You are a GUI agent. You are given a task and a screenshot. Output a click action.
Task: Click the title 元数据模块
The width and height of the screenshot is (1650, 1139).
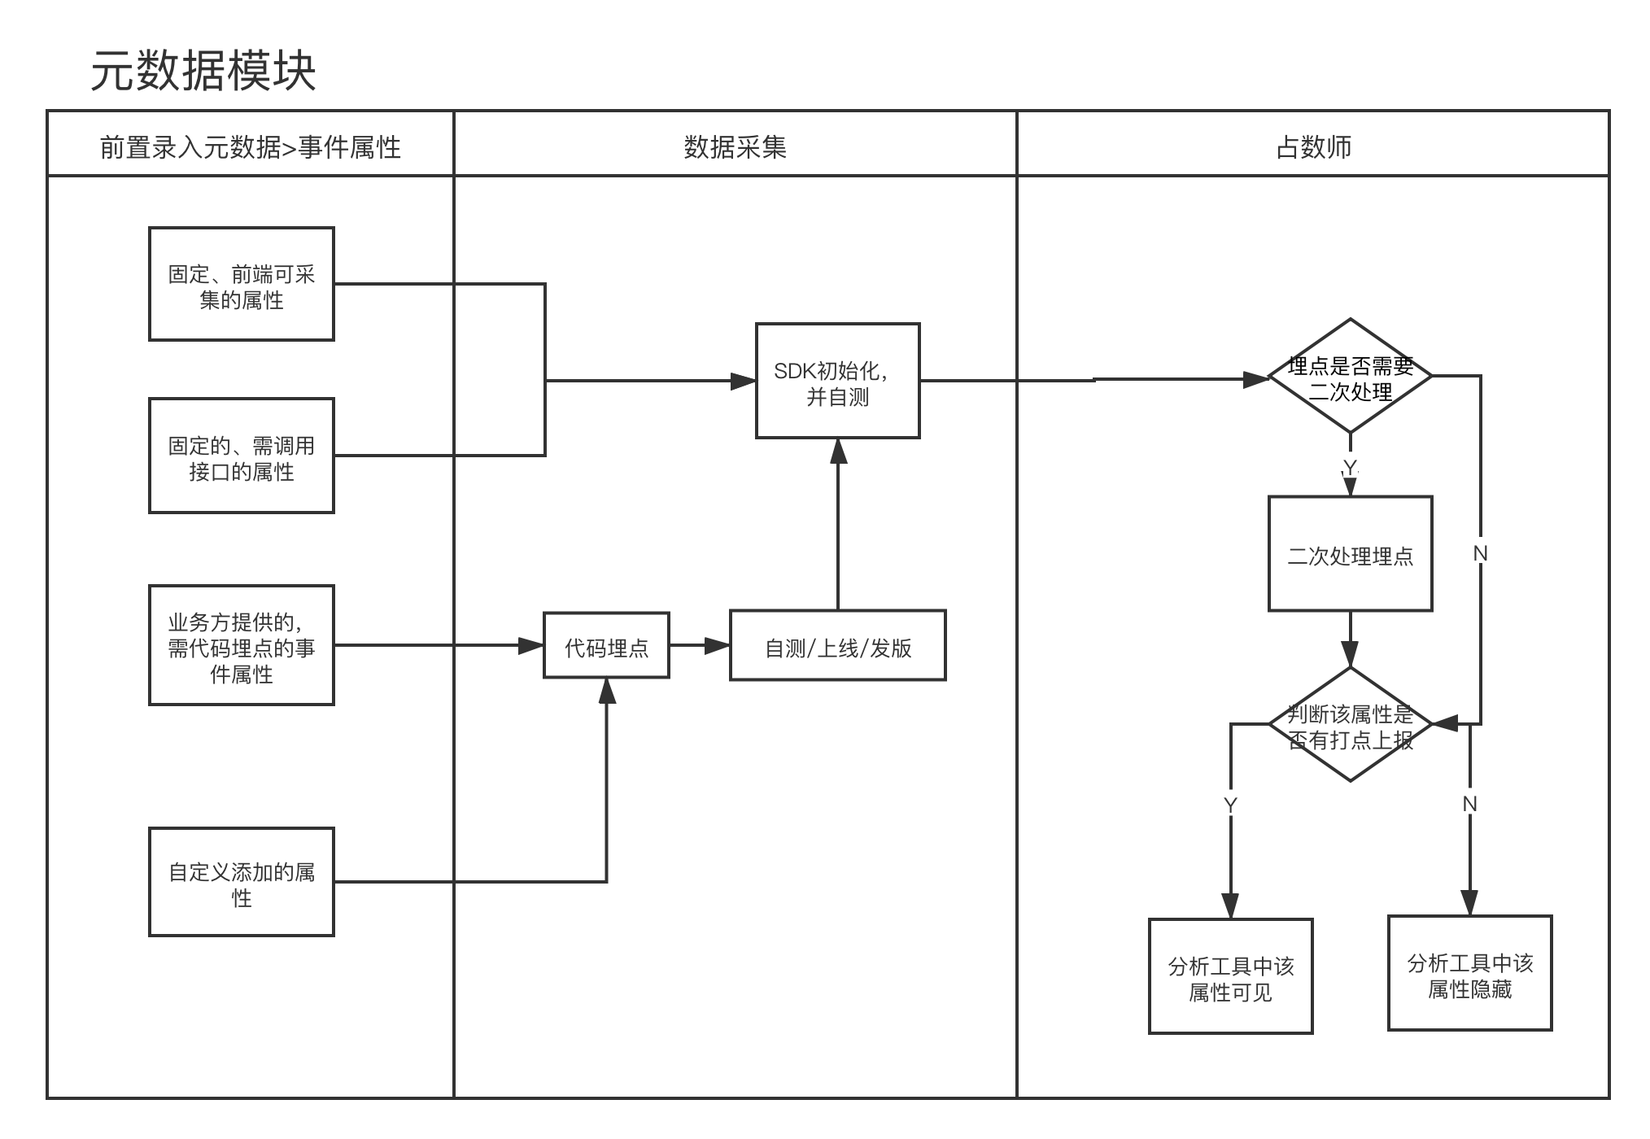coord(203,72)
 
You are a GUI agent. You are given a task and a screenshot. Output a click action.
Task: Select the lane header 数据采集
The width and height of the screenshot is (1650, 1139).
coord(735,147)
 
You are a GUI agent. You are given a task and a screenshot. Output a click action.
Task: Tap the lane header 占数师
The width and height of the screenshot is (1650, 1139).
coord(1313,147)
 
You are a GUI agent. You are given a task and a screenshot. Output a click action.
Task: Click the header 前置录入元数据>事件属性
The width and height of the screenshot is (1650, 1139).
coord(250,147)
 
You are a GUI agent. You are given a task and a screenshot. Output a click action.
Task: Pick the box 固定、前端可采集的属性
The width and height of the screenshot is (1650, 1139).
coord(242,284)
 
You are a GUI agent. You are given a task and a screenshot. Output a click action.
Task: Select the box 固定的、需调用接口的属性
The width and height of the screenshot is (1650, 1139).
coord(242,456)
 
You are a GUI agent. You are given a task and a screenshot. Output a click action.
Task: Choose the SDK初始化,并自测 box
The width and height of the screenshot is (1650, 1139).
coord(837,381)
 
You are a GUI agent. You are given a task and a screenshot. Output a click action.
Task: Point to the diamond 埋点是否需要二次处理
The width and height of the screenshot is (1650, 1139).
coord(1351,376)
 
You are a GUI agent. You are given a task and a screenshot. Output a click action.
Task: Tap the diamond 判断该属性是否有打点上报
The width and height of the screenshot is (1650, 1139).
coord(1351,725)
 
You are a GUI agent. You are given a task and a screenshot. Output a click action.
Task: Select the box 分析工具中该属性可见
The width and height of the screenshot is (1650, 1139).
coord(1230,976)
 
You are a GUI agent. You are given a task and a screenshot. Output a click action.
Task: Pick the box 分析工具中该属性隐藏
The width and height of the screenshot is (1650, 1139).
coord(1469,973)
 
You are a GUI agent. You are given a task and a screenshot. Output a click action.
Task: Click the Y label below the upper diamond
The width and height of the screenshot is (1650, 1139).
coord(1350,467)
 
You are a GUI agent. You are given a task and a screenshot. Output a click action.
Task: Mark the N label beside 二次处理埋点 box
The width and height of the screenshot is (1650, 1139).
coord(1481,553)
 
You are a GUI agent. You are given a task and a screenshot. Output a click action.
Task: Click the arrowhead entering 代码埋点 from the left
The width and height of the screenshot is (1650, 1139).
coord(532,646)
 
